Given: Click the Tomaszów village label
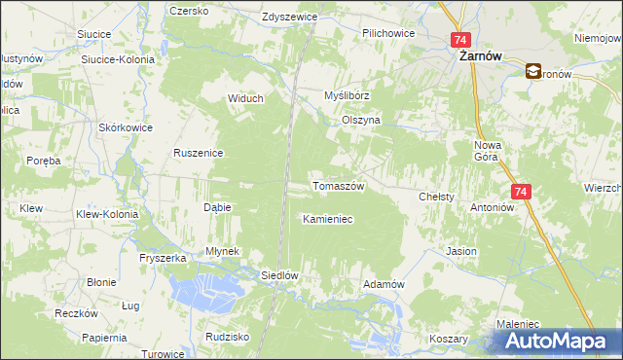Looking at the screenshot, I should [x=337, y=186].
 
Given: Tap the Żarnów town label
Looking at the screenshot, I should [x=480, y=56].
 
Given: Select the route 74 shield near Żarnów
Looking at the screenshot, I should [x=461, y=40].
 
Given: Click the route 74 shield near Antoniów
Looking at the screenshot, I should [x=521, y=193].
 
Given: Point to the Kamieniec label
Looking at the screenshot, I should [x=327, y=220].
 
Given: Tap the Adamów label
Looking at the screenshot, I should [x=383, y=284].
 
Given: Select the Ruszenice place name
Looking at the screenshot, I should [x=200, y=153].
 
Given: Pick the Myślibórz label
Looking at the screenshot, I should [x=348, y=95].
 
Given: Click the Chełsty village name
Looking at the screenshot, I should [x=436, y=197].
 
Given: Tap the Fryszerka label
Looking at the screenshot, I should [x=162, y=258].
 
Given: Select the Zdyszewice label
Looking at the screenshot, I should [x=290, y=18].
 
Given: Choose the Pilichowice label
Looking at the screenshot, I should [x=388, y=33].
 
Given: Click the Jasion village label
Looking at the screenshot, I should [x=461, y=251].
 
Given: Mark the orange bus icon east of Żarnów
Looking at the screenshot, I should [x=534, y=71].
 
